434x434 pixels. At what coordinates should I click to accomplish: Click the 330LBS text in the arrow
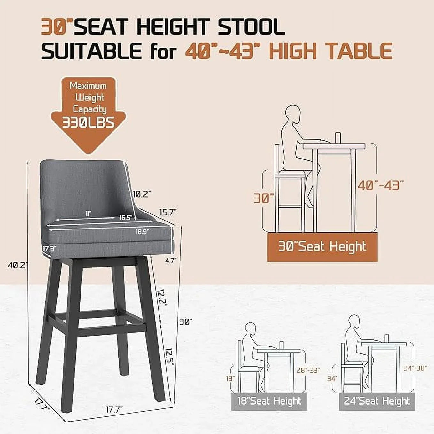(88, 122)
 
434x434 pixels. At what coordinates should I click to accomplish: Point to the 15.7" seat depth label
(167, 212)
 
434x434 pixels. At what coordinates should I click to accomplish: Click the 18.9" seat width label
(142, 232)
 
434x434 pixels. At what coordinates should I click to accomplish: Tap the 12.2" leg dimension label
(162, 297)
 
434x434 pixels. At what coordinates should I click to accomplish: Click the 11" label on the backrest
(88, 213)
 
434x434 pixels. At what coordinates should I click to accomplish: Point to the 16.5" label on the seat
(126, 218)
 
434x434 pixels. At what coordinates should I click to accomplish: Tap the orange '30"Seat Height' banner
(322, 247)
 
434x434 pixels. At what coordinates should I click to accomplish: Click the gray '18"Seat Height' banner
(269, 401)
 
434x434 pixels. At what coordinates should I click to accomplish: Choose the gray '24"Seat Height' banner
(377, 401)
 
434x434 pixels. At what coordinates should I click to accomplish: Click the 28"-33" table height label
(308, 370)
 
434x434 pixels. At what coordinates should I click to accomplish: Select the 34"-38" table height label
(415, 368)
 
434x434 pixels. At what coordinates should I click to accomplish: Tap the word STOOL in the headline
(251, 27)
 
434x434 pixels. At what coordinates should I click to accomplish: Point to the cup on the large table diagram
(338, 137)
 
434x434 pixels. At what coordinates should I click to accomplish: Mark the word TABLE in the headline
(359, 51)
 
